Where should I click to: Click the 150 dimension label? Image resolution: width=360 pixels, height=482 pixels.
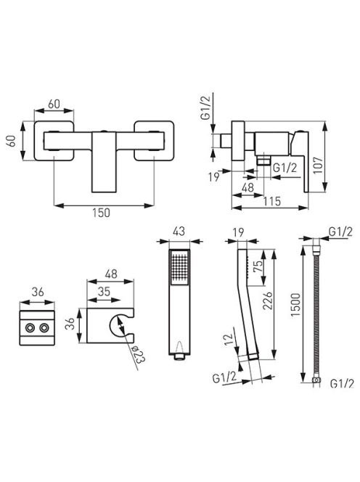tap(101, 213)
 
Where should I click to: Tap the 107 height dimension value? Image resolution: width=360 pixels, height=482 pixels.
tap(319, 166)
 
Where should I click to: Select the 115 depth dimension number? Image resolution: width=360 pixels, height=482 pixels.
tap(272, 201)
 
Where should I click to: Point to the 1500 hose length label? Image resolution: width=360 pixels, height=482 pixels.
tap(295, 305)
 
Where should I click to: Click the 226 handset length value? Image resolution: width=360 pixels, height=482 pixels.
tap(268, 301)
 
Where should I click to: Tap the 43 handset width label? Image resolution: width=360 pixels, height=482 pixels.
tap(179, 231)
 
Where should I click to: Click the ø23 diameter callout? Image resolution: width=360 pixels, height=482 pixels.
tap(137, 354)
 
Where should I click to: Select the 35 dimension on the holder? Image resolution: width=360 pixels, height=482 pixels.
tap(104, 291)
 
